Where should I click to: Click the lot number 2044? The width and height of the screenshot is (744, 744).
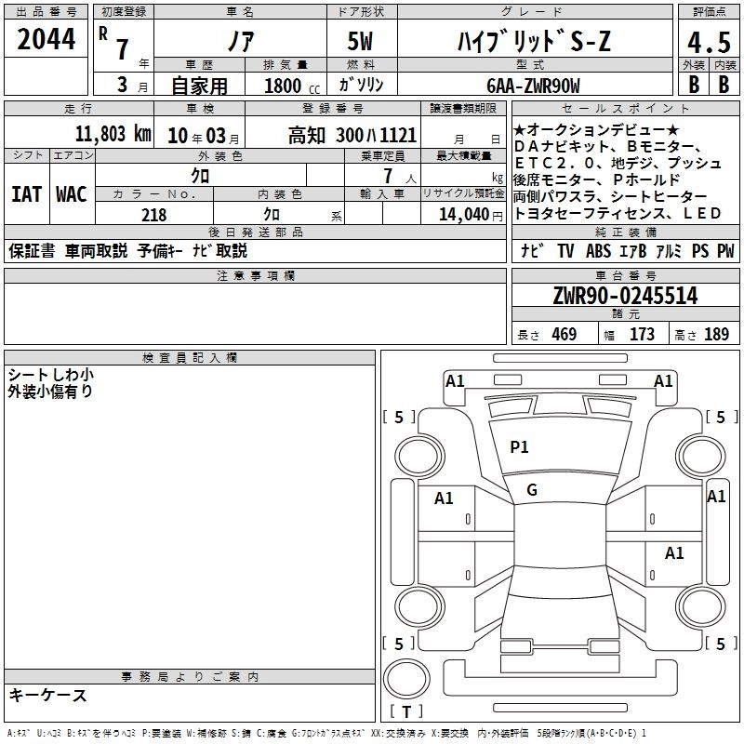[x=46, y=39]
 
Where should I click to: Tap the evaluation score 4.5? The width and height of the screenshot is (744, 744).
[x=709, y=42]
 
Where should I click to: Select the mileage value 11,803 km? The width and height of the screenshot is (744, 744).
[x=113, y=134]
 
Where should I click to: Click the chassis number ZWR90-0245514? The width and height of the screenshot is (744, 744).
[x=625, y=296]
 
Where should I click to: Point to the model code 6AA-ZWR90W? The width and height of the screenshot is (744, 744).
[x=533, y=86]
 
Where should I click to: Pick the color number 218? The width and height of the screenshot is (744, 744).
[x=153, y=215]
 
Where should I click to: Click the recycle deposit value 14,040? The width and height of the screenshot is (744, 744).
[x=464, y=215]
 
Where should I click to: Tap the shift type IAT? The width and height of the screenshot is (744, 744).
[x=27, y=194]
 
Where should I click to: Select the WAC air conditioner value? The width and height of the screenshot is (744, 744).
[x=72, y=194]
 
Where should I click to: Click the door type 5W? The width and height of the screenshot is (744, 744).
[x=360, y=41]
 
